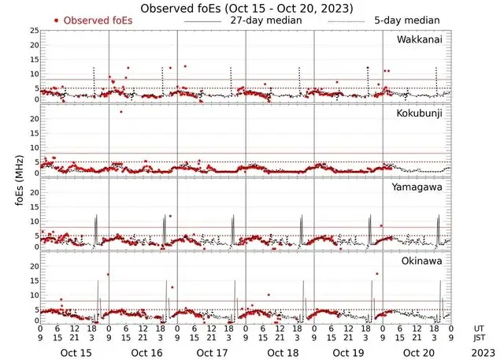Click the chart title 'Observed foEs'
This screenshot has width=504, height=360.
[x=246, y=7]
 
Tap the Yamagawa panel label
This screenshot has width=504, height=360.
[x=419, y=187]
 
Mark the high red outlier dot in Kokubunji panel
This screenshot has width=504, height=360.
[x=120, y=112]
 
